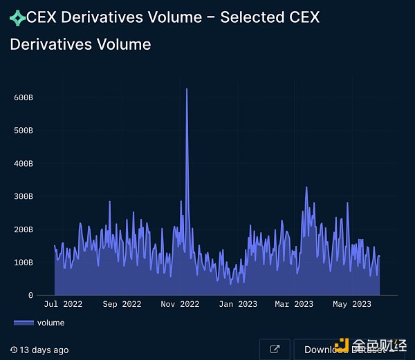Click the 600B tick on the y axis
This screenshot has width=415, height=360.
click(x=24, y=97)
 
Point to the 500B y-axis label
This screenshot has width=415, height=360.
click(x=24, y=130)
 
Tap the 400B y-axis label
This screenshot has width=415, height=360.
click(x=24, y=164)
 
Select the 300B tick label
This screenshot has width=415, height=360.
click(x=24, y=196)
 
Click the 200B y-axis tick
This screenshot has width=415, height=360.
click(x=24, y=229)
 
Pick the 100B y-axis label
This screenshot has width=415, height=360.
click(x=24, y=263)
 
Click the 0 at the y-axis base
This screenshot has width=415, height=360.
click(x=30, y=295)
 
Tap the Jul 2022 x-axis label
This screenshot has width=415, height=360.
click(x=63, y=304)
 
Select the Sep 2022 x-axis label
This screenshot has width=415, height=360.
click(x=121, y=304)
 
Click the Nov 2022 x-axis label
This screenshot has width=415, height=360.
click(x=179, y=304)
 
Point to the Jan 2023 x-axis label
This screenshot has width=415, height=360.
click(x=237, y=304)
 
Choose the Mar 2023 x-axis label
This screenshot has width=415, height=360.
click(x=294, y=304)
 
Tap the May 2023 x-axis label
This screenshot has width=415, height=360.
click(x=352, y=304)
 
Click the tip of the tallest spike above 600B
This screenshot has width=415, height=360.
click(x=187, y=89)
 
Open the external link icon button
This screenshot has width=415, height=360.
click(x=275, y=349)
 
